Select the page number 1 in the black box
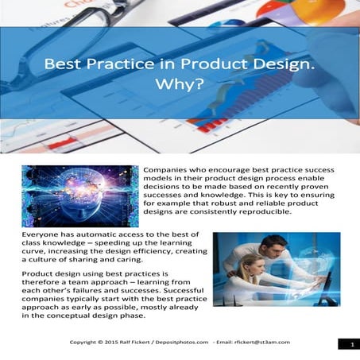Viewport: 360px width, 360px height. (349, 344)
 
